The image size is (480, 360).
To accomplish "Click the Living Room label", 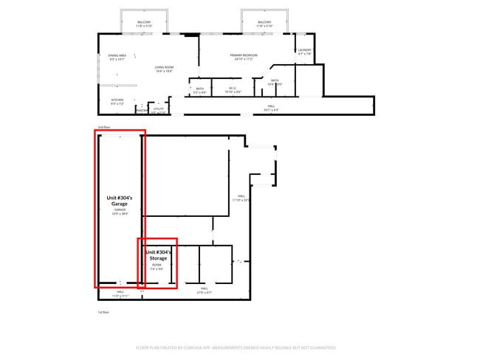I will [163, 69].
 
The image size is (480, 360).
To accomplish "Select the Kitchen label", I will [117, 101].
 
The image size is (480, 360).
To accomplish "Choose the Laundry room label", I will [305, 52].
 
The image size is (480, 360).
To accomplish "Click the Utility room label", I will [158, 110].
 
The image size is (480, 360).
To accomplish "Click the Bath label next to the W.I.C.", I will [200, 91].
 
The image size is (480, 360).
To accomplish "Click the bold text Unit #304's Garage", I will [119, 201].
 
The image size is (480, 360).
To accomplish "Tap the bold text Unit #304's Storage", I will [157, 255].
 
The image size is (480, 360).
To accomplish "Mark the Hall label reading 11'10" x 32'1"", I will [241, 198].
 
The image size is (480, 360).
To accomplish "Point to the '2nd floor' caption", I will [103, 127].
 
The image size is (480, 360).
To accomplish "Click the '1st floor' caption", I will [103, 312].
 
